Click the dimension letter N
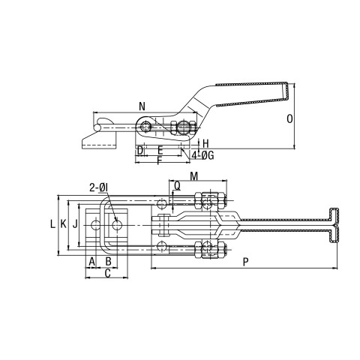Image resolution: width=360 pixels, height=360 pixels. point(142,106)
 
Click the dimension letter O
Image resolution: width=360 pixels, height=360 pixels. point(289,118)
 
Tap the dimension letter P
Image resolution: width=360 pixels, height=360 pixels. point(246,262)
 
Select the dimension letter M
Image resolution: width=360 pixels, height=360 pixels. point(193,176)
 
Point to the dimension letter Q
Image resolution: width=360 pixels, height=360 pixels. point(177,186)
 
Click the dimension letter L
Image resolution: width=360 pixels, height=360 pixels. point(52,224)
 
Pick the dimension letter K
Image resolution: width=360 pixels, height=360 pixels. point(64,224)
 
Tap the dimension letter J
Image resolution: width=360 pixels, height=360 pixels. point(75,224)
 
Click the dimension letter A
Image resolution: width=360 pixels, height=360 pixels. point(92,262)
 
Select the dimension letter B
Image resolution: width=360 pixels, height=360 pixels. point(108,262)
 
